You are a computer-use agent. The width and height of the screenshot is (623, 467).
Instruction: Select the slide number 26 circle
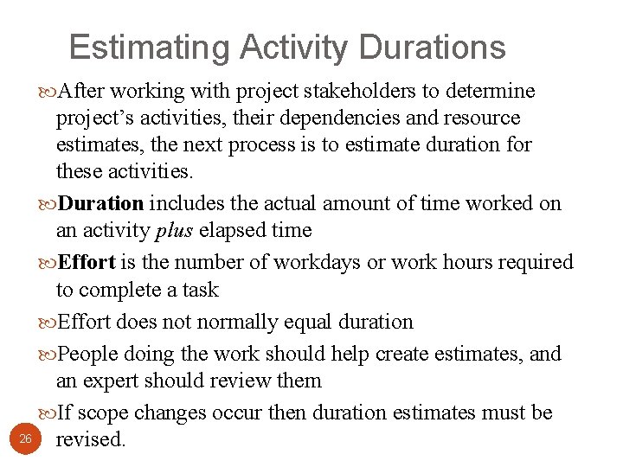pyautogui.click(x=26, y=439)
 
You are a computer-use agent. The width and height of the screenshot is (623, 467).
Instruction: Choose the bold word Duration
pyautogui.click(x=102, y=203)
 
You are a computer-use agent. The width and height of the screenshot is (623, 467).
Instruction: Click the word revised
pyautogui.click(x=91, y=439)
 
